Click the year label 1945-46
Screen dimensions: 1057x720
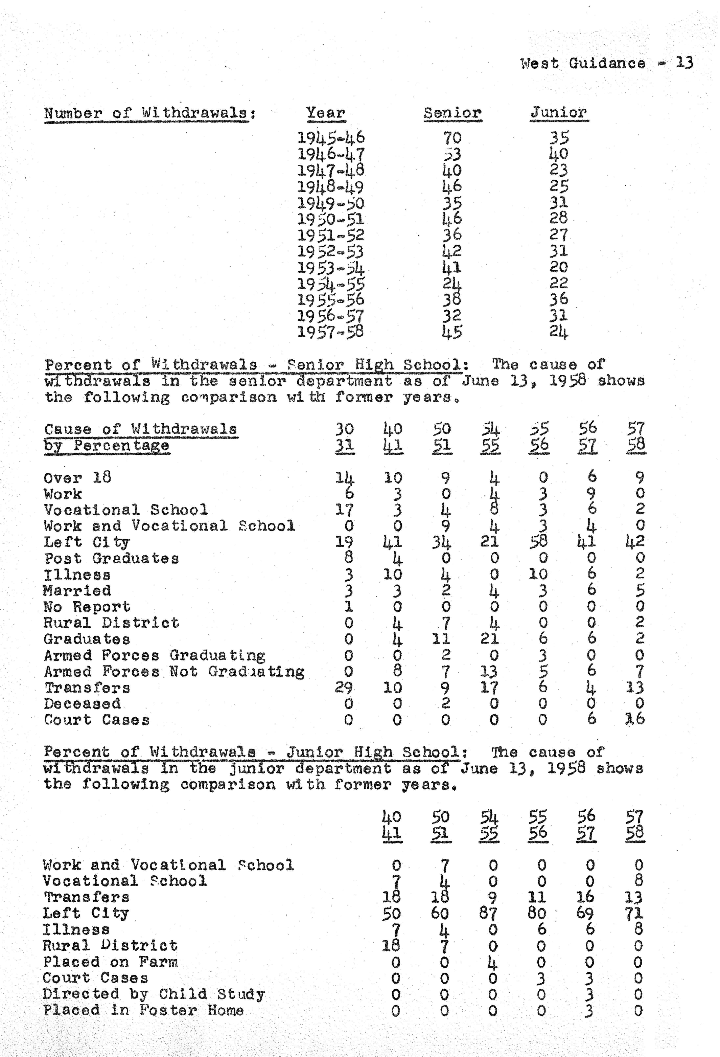(331, 137)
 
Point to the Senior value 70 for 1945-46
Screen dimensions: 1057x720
(452, 137)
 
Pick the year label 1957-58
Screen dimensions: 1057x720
(331, 332)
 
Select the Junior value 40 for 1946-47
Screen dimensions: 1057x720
(559, 154)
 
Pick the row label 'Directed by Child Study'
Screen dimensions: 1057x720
(154, 994)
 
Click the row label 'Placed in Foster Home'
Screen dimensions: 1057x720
(143, 1011)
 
